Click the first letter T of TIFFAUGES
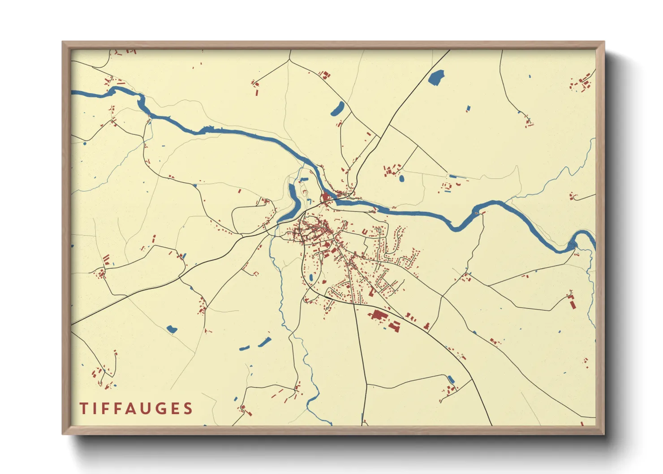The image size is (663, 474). pyautogui.click(x=83, y=409)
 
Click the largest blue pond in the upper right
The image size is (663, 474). pyautogui.click(x=436, y=78)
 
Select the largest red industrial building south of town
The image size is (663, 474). pyautogui.click(x=378, y=315)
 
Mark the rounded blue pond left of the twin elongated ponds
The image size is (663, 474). pyautogui.click(x=172, y=329)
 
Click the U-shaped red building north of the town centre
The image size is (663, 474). pyautogui.click(x=365, y=232)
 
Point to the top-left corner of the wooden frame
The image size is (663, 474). pyautogui.click(x=63, y=43)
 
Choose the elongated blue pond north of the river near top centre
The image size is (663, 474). pyautogui.click(x=338, y=108)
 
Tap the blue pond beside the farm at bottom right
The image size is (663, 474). pyautogui.click(x=451, y=379)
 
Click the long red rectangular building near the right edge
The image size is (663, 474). pyautogui.click(x=573, y=303)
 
